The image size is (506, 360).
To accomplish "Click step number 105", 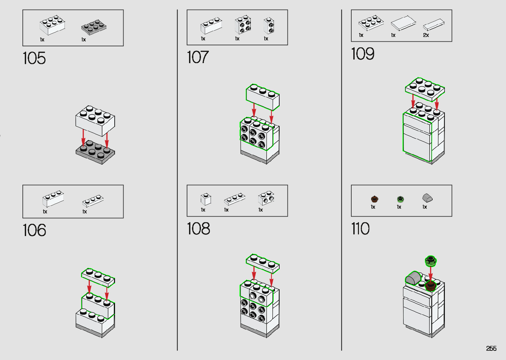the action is pyautogui.click(x=34, y=58).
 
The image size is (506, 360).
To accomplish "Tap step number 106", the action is pyautogui.click(x=34, y=230).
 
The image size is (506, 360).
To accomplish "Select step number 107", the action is pyautogui.click(x=198, y=57).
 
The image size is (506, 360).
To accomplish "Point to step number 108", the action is pyautogui.click(x=199, y=228).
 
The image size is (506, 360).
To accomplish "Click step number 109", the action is pyautogui.click(x=363, y=54).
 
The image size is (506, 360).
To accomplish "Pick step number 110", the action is pyautogui.click(x=360, y=228).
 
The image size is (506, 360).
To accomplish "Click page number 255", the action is pyautogui.click(x=491, y=348).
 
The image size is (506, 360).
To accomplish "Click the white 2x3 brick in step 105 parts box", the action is pyautogui.click(x=53, y=25).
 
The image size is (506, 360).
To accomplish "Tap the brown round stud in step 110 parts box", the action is pyautogui.click(x=374, y=199).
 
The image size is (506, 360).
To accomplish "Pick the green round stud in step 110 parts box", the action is pyautogui.click(x=401, y=199).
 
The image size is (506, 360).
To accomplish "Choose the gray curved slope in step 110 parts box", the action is pyautogui.click(x=427, y=198).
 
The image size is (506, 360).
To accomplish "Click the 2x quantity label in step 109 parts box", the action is pyautogui.click(x=426, y=35).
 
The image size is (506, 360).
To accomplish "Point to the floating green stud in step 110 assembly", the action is pyautogui.click(x=431, y=261).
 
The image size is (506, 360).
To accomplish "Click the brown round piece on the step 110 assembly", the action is pyautogui.click(x=430, y=286).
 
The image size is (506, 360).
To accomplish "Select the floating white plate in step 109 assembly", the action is pyautogui.click(x=425, y=89).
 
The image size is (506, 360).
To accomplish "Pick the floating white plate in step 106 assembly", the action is pyautogui.click(x=98, y=277).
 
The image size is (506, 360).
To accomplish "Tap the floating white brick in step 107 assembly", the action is pyautogui.click(x=263, y=97).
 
